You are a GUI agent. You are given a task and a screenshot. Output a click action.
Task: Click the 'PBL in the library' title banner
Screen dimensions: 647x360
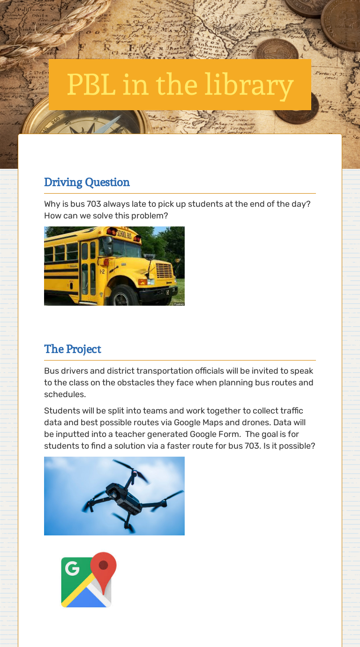(180, 84)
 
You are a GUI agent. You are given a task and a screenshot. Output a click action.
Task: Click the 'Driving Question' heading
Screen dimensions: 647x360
(87, 182)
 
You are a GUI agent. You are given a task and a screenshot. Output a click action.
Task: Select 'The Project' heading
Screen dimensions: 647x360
(73, 349)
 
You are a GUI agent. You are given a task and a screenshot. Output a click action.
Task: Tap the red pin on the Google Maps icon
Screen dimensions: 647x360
(104, 566)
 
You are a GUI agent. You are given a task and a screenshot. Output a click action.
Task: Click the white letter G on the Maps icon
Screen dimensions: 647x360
(72, 568)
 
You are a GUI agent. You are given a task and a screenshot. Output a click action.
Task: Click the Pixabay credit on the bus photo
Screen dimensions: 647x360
(179, 304)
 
